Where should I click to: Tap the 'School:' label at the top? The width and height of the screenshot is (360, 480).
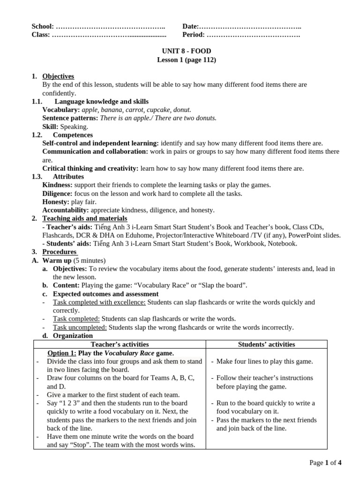[x=43, y=27]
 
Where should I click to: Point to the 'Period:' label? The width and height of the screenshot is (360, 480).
[x=194, y=35]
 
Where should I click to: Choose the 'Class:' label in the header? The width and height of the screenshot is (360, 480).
[x=41, y=35]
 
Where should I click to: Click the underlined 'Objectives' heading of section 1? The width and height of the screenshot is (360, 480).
[x=58, y=76]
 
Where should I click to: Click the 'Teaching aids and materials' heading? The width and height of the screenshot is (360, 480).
[x=85, y=218]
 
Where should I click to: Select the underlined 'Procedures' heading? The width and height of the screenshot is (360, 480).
[x=60, y=252]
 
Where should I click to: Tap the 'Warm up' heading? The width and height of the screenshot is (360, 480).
[x=57, y=261]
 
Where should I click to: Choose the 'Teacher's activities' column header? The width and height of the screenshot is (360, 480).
[x=120, y=345]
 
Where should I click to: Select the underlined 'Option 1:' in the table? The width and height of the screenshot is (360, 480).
[x=62, y=353]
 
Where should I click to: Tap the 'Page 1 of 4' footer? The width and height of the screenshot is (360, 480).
[x=325, y=463]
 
